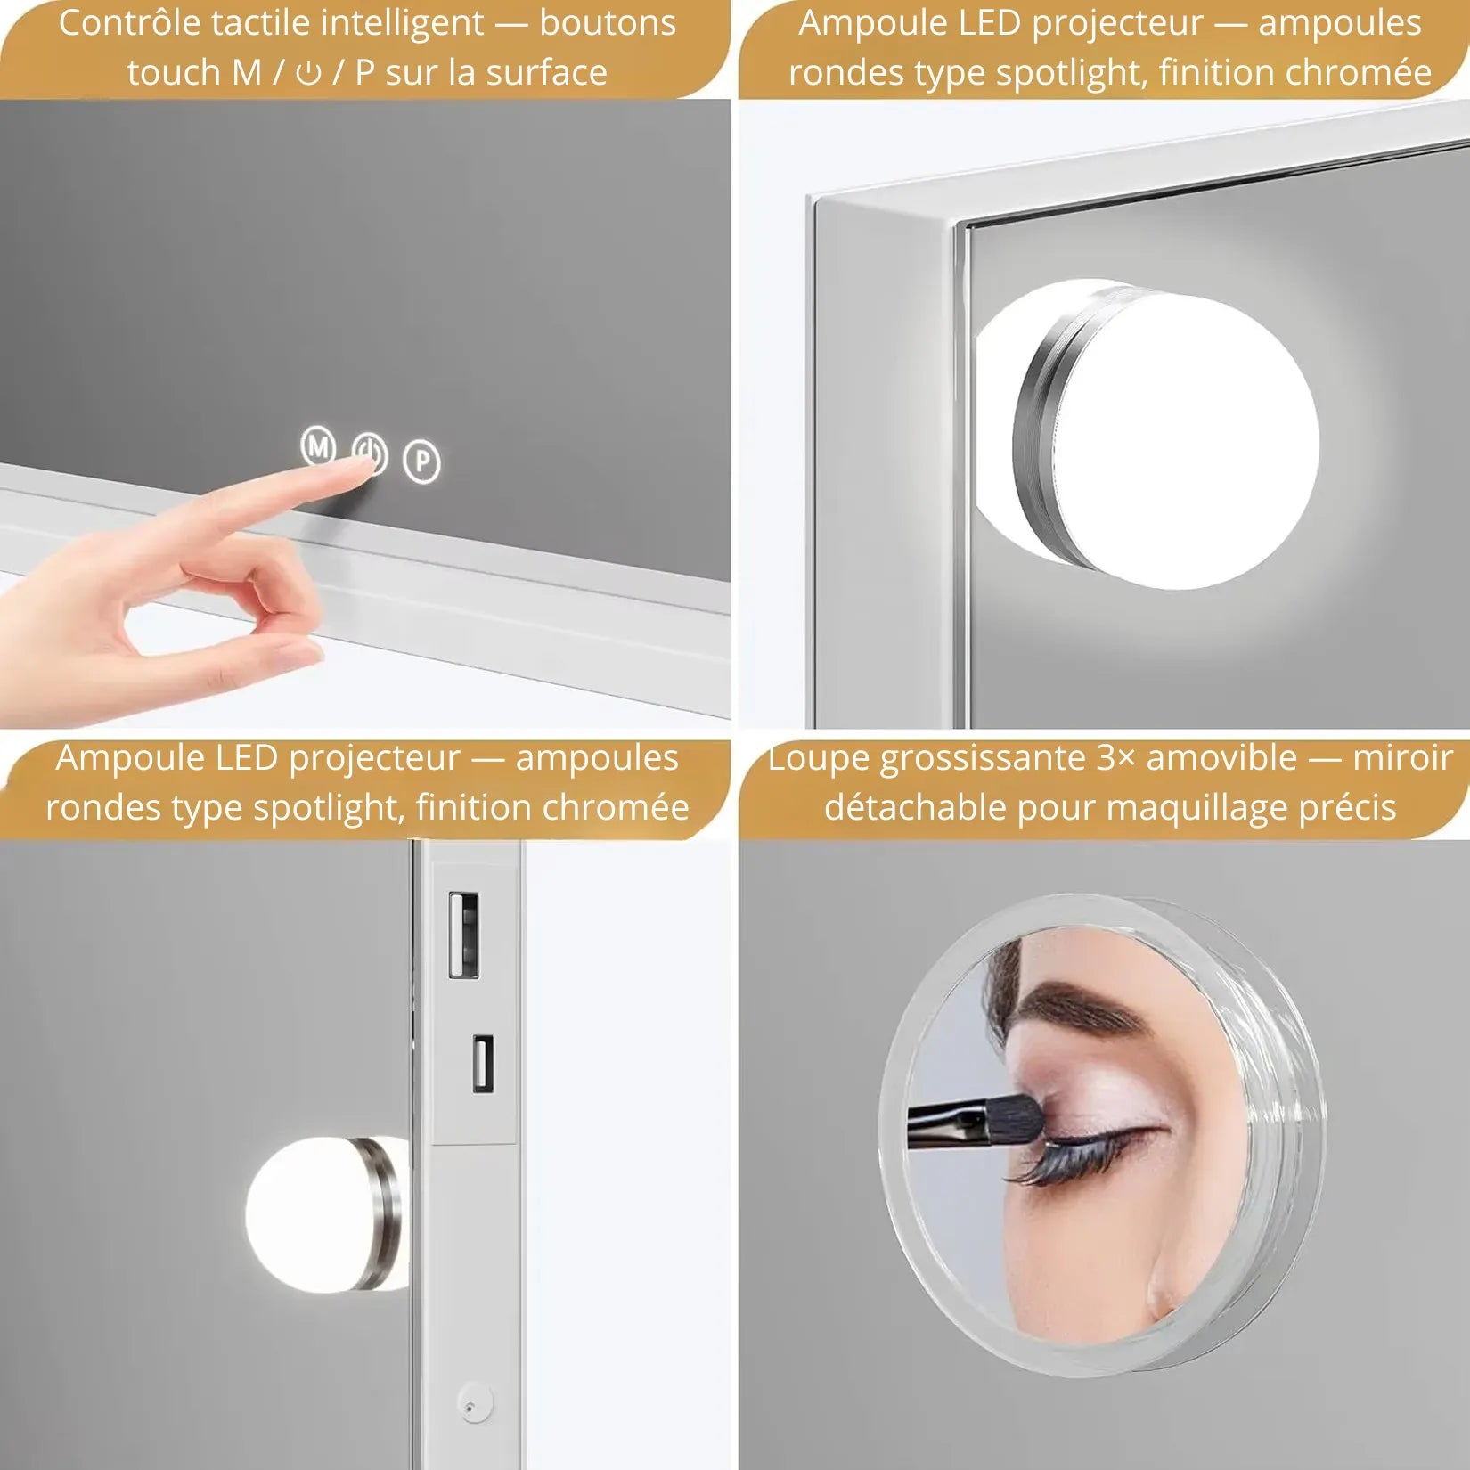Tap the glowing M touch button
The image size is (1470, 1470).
318,445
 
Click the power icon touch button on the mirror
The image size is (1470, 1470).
370,454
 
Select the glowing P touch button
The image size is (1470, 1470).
422,461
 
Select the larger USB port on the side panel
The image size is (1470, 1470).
463,935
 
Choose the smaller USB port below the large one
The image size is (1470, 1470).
482,1062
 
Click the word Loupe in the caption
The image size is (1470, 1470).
819,758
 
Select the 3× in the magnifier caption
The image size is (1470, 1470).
1116,758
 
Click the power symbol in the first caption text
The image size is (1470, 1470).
308,73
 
